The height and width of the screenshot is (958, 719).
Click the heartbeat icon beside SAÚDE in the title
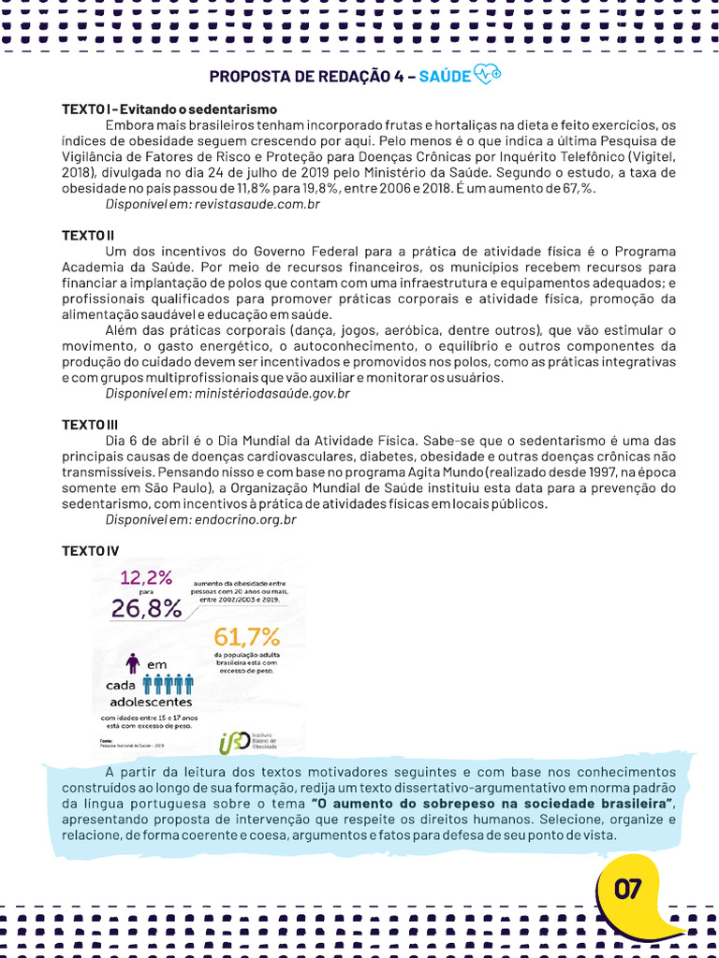[488, 76]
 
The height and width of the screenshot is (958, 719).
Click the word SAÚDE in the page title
[446, 77]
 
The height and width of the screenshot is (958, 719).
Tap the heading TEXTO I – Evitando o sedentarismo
[169, 109]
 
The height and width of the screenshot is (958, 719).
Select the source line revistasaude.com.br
[213, 204]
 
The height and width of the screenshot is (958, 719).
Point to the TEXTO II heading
[88, 235]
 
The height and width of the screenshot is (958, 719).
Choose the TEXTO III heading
[90, 425]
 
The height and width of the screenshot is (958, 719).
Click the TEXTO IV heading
[90, 550]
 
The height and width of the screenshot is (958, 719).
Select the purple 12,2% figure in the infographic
[146, 577]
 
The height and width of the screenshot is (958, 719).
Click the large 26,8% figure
[147, 609]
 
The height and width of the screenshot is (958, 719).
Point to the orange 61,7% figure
[247, 637]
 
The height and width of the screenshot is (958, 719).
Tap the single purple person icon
[133, 663]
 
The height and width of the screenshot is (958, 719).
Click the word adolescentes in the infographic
[151, 701]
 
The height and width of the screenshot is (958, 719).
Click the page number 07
[628, 890]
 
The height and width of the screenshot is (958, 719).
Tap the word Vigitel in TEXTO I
[651, 156]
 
